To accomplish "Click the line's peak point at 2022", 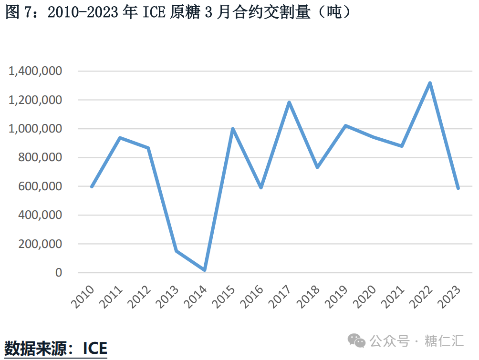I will click(x=430, y=83).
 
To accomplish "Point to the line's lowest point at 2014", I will click(x=205, y=270).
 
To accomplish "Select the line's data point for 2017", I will click(x=289, y=103).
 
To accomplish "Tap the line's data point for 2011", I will click(x=120, y=138).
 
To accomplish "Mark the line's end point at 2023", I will click(x=458, y=188).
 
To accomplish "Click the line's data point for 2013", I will click(x=177, y=251).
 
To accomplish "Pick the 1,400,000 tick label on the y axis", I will click(x=35, y=72).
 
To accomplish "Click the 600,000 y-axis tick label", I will click(x=40, y=186).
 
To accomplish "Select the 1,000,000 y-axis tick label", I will click(x=35, y=129).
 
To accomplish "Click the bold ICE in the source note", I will click(x=94, y=348).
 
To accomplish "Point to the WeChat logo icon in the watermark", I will click(x=356, y=340).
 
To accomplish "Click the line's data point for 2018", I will click(x=317, y=167).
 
